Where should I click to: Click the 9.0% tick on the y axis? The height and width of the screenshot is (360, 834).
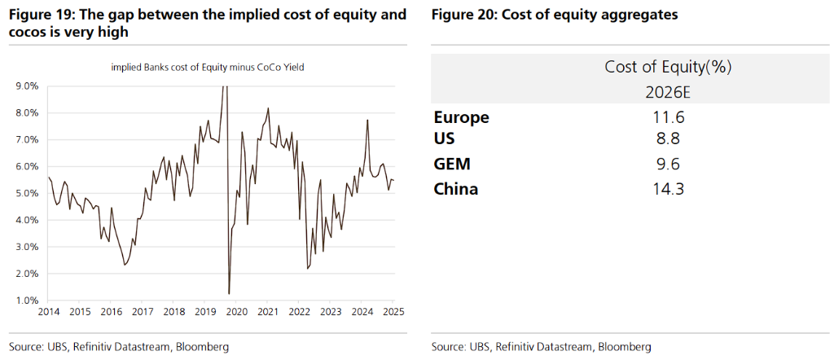(26, 86)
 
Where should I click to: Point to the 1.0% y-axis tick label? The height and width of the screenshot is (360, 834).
(26, 301)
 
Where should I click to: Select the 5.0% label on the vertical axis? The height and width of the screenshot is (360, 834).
(26, 193)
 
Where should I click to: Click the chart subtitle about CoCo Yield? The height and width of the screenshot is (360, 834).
(207, 68)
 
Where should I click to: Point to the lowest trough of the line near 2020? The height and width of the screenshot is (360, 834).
(229, 293)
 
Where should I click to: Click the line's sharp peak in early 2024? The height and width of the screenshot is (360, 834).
(367, 121)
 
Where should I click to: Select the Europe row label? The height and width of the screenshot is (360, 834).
(461, 117)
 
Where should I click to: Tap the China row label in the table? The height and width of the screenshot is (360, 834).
(456, 190)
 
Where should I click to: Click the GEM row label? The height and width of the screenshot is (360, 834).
(452, 165)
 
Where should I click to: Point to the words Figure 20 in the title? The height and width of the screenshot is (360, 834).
(462, 15)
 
